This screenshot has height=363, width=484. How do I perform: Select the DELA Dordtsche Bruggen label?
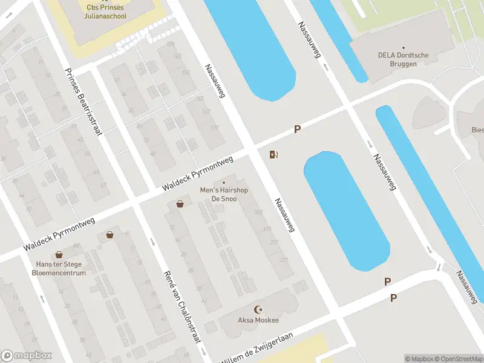403,59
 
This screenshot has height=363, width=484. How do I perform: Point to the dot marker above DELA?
404,47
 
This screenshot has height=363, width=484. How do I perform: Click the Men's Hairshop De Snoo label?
224,194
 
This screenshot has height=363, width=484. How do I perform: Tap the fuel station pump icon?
274,154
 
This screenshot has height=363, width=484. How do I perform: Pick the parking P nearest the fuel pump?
297,129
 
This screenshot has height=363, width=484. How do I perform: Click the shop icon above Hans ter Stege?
59,255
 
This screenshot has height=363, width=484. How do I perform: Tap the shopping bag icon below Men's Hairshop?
180,204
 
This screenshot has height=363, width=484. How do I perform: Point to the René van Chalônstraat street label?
182,307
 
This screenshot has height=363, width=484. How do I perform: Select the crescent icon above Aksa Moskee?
260,309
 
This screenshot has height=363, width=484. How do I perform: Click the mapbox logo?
27,356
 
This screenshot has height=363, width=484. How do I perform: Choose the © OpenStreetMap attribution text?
460,359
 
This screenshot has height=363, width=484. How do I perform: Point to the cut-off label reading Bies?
477,129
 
